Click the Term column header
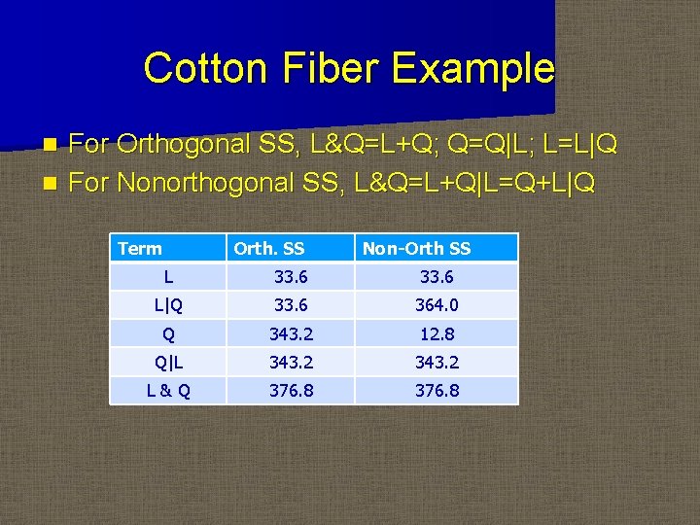pyautogui.click(x=140, y=249)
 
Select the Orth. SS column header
pyautogui.click(x=268, y=249)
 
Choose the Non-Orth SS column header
pyautogui.click(x=416, y=249)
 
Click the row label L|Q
pyautogui.click(x=168, y=305)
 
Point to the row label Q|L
pyautogui.click(x=168, y=363)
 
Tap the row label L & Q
pyautogui.click(x=168, y=391)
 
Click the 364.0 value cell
pyautogui.click(x=437, y=305)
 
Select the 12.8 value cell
pyautogui.click(x=437, y=334)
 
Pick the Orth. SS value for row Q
pyautogui.click(x=290, y=334)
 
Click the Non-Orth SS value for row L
pyautogui.click(x=437, y=277)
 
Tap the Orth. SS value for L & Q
pyautogui.click(x=290, y=391)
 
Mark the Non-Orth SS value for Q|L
pyautogui.click(x=437, y=363)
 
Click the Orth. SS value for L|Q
pyautogui.click(x=290, y=305)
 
